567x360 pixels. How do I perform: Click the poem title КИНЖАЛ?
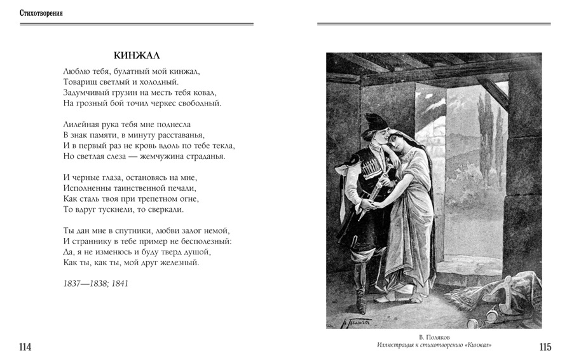click(x=136, y=54)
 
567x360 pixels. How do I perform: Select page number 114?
click(x=25, y=347)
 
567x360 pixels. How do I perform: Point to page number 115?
click(x=545, y=347)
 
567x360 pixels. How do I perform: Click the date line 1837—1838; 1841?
click(x=96, y=283)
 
